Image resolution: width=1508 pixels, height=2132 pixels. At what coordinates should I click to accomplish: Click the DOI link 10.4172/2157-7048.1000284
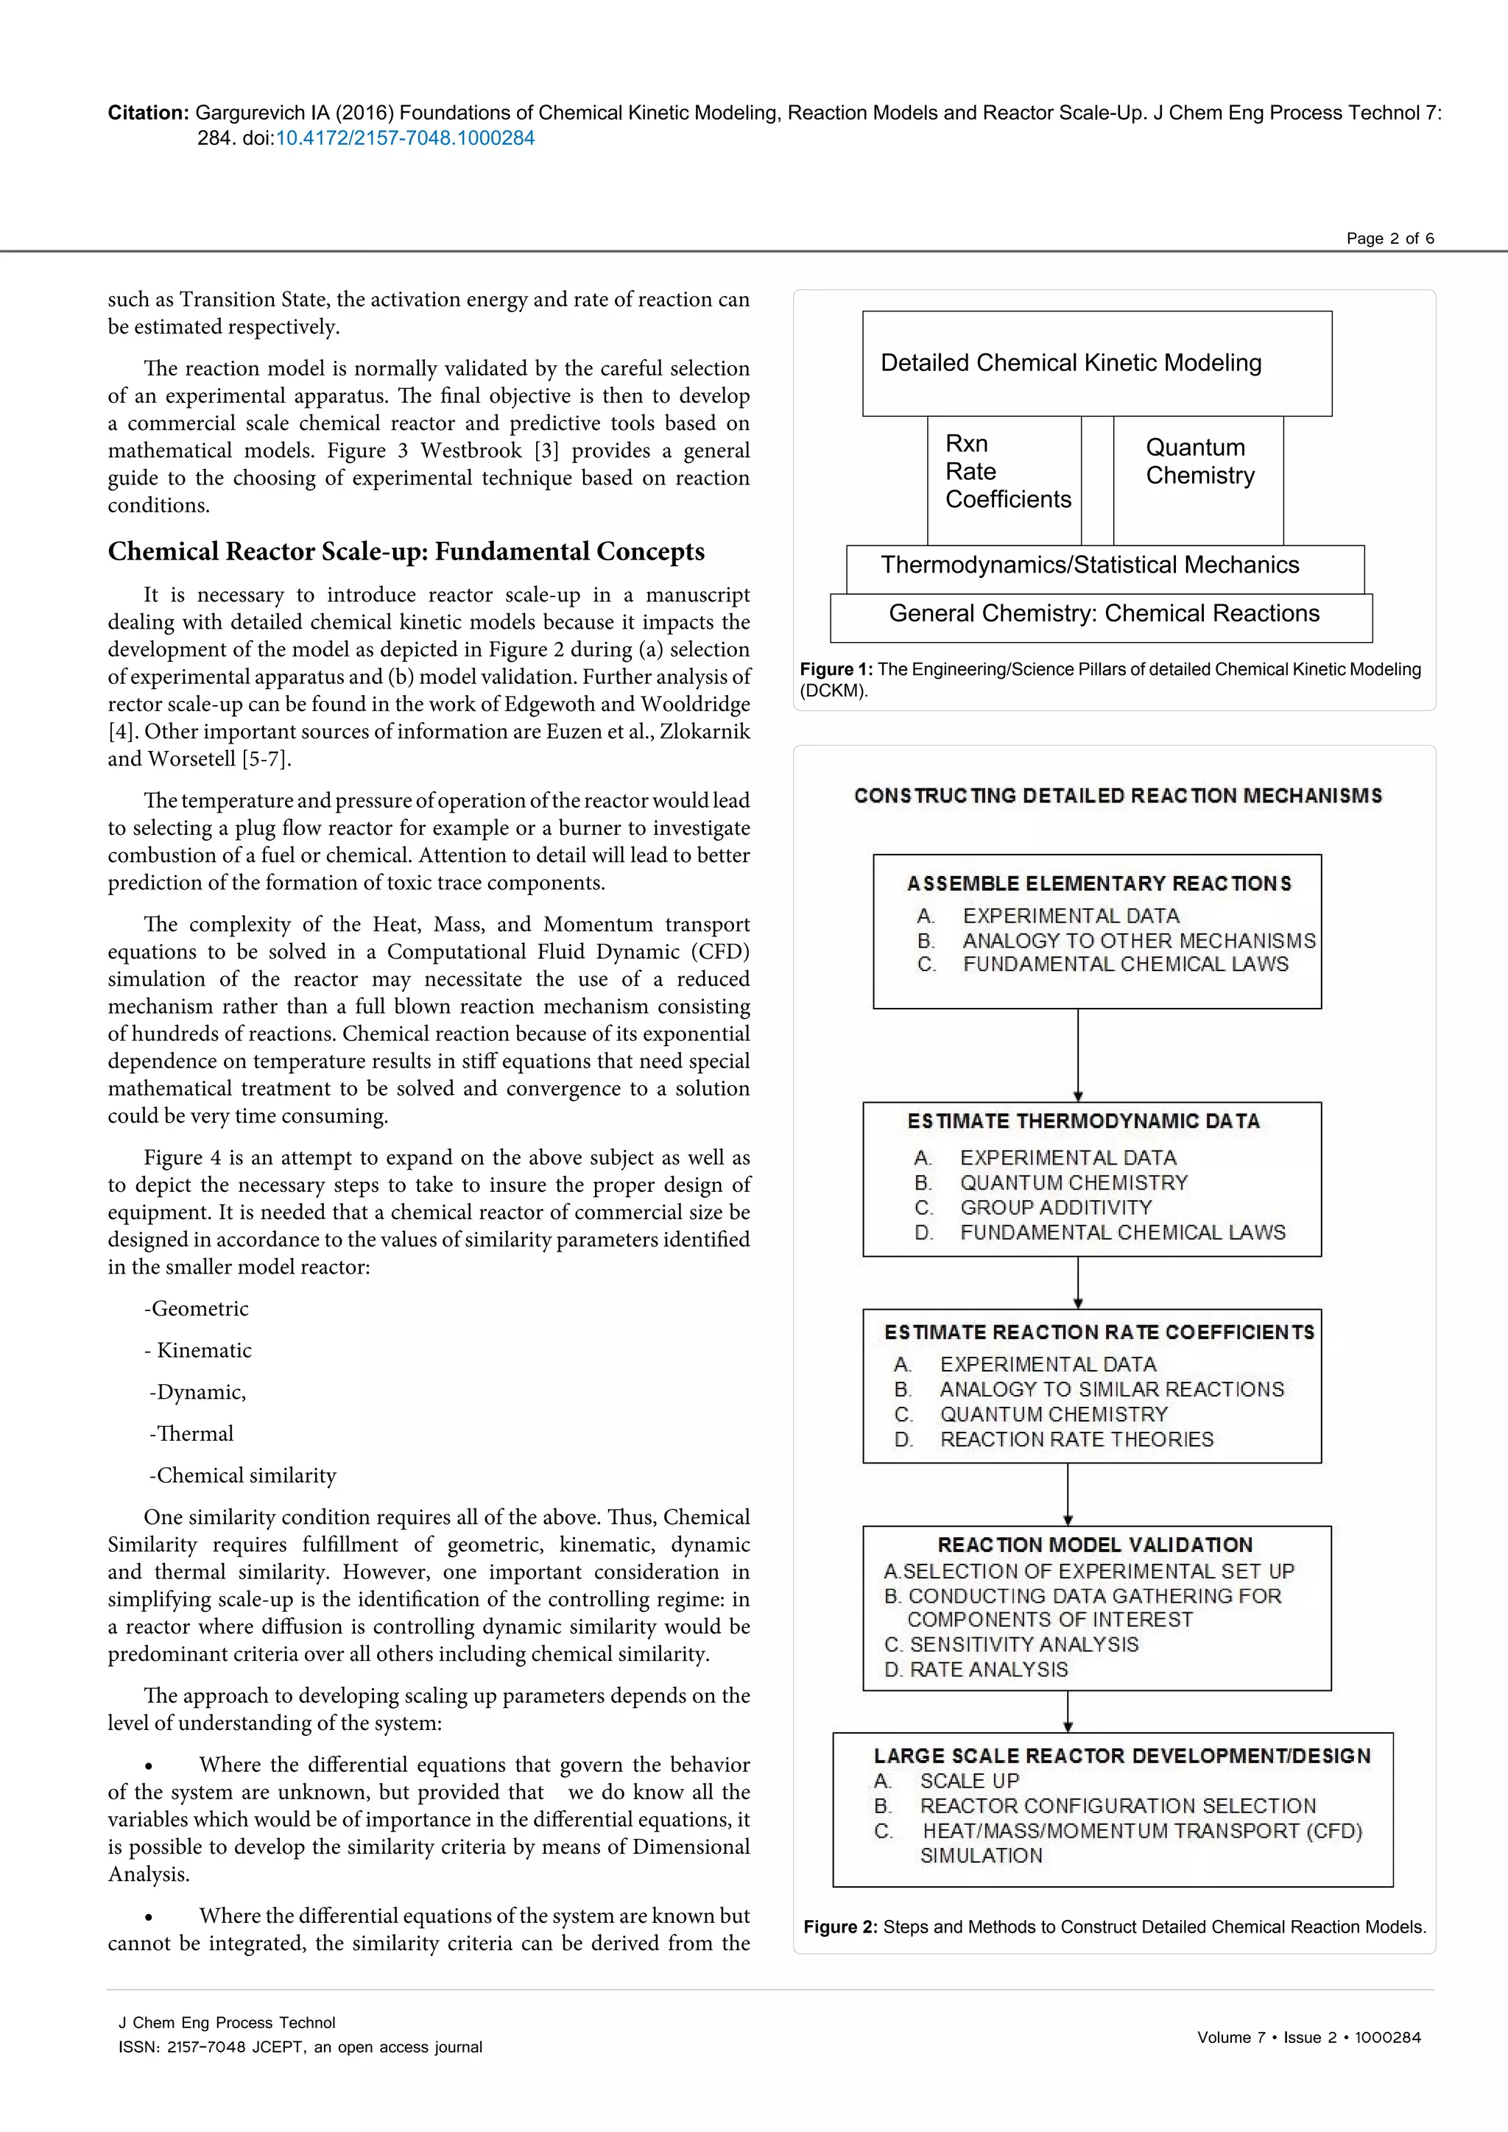click(405, 138)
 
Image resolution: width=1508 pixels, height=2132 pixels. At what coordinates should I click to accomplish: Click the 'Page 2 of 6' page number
click(1389, 239)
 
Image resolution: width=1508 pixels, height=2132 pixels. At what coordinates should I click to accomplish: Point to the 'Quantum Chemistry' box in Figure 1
click(1199, 462)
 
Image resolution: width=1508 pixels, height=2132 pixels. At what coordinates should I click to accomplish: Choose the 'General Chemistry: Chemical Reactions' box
click(1103, 614)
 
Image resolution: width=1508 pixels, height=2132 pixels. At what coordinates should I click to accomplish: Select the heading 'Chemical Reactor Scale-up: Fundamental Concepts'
click(406, 551)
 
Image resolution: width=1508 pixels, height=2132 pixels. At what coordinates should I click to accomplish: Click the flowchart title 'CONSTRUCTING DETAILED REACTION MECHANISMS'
click(1117, 796)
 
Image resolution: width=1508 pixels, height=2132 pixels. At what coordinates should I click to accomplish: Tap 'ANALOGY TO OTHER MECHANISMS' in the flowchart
click(1138, 941)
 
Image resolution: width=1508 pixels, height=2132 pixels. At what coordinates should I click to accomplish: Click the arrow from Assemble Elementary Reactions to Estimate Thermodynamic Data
click(1078, 1055)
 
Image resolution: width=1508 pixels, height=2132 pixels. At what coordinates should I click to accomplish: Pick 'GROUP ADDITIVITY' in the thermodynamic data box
click(1056, 1207)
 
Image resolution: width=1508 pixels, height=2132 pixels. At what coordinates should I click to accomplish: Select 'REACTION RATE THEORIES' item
click(1077, 1439)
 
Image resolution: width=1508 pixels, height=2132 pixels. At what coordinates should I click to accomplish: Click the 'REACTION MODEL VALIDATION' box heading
click(1095, 1545)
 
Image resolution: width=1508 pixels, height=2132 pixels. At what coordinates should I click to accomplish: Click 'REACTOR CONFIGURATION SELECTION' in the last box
click(1117, 1806)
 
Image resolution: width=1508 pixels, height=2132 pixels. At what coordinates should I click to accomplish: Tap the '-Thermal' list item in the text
click(191, 1433)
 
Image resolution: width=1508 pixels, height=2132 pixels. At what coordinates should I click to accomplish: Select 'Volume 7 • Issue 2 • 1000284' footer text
click(1308, 2037)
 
